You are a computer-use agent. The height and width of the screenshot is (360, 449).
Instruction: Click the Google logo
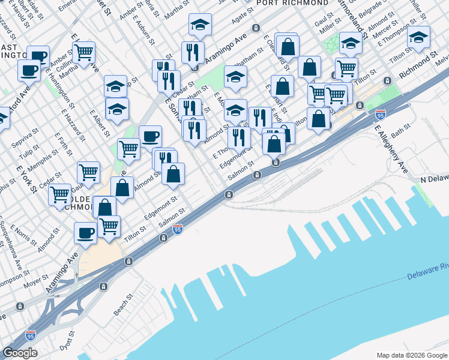[20, 353]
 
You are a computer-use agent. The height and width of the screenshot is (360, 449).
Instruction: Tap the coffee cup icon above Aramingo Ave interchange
[85, 232]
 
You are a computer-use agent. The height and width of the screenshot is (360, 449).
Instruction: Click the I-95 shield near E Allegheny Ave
[381, 114]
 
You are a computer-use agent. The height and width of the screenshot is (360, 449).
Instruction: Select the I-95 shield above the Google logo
[31, 335]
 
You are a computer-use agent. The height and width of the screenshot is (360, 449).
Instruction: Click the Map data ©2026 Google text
[411, 355]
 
